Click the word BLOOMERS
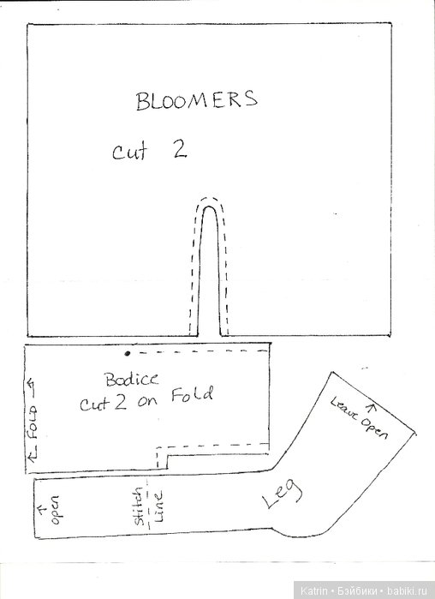coord(197,100)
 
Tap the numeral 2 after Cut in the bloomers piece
coord(178,149)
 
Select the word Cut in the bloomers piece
coord(130,152)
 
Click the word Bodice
coord(132,380)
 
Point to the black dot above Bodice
coord(128,354)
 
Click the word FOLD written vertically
coord(33,422)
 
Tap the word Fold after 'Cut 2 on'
coord(192,395)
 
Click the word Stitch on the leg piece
coord(139,506)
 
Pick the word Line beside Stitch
coord(158,506)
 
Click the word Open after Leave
coord(374,428)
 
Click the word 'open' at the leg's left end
coord(55,510)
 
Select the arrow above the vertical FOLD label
coord(31,386)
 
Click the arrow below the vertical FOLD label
coord(33,453)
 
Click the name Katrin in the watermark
coord(313,590)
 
